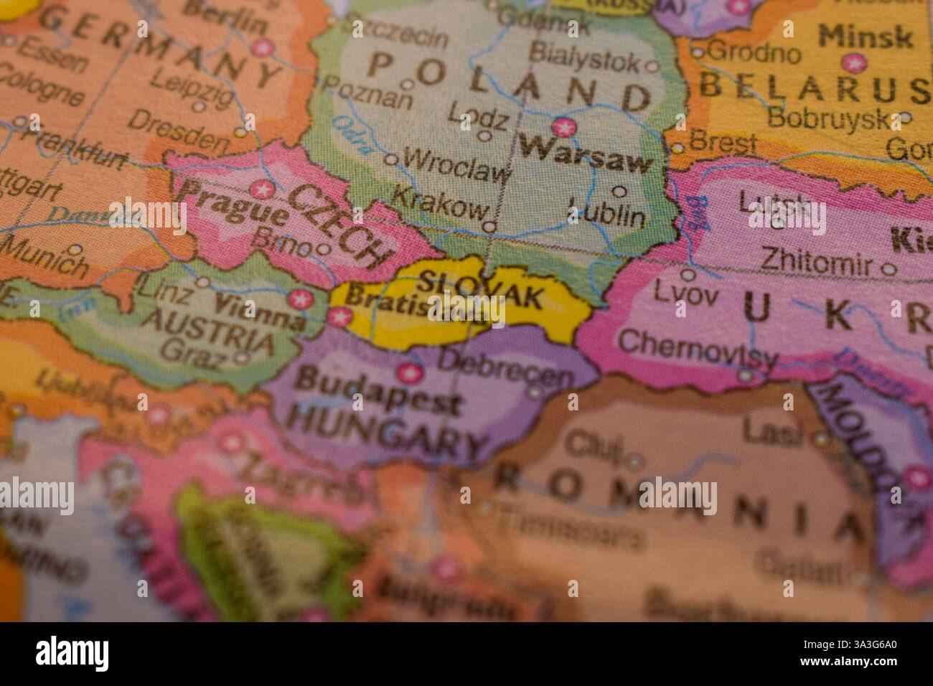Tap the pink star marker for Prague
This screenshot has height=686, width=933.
pos(262,190)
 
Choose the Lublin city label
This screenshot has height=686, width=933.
pos(606,214)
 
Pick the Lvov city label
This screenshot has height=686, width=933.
pos(685,293)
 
